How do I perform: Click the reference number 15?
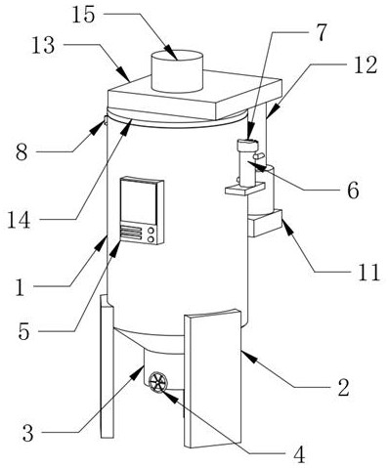(x=83, y=15)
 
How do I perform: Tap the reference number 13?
(x=43, y=45)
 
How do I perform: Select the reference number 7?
(x=320, y=32)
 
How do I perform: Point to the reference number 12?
(x=366, y=64)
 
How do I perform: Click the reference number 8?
(x=22, y=152)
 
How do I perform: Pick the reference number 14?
(x=19, y=220)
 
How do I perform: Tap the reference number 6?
(x=353, y=191)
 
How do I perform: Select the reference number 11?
(x=368, y=272)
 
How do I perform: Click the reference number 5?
(x=23, y=332)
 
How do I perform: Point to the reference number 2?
(x=343, y=388)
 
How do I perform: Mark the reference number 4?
(x=299, y=455)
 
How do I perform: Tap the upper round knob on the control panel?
(x=151, y=231)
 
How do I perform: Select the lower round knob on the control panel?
(x=151, y=239)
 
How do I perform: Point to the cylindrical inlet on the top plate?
(x=178, y=71)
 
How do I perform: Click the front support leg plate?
(x=213, y=379)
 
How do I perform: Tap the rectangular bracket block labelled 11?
(x=265, y=223)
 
